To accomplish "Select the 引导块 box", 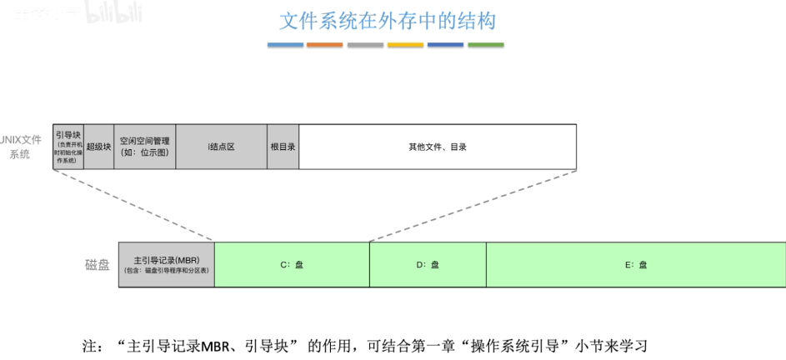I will tap(68, 147).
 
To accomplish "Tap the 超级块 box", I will tap(99, 147).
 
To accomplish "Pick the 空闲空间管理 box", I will tap(144, 147).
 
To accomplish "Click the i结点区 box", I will tap(221, 147).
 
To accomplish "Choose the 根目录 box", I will tap(283, 147).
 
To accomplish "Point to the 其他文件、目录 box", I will tap(438, 147).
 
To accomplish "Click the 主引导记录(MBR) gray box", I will tap(166, 265).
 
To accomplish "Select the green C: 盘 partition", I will tap(292, 265).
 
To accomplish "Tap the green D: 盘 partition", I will tap(428, 265).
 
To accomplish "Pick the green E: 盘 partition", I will tap(635, 265).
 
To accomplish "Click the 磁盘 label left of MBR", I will tap(97, 265).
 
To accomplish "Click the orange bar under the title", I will tap(324, 44).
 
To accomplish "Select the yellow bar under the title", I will tap(405, 44).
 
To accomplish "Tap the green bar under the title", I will tap(486, 44).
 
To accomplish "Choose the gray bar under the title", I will tap(365, 44).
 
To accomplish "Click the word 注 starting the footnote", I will tap(86, 344).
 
